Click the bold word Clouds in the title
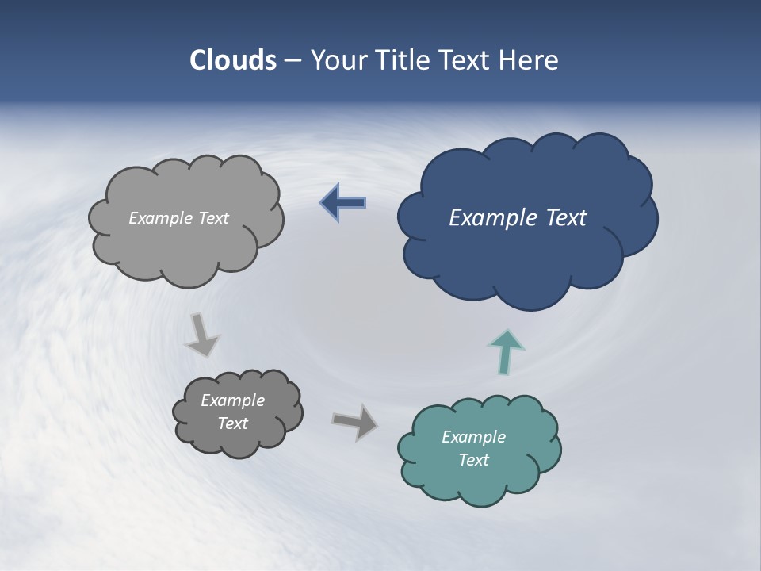(233, 60)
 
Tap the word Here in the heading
(530, 60)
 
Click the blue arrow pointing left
(343, 203)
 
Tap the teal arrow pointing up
(506, 351)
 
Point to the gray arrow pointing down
(202, 335)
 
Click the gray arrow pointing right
(354, 422)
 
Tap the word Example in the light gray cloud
(160, 218)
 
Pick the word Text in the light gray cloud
(213, 218)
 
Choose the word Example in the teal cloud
(473, 437)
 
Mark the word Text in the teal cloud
(473, 460)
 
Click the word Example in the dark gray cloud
(232, 400)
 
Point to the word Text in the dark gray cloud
(232, 423)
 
